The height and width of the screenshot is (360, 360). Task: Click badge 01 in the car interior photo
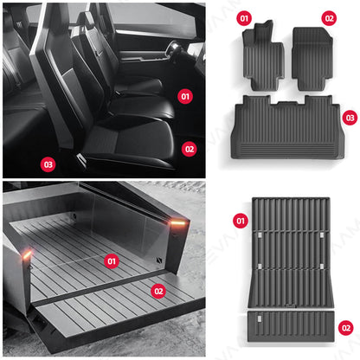(x=184, y=96)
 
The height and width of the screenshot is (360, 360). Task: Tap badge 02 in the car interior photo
(x=190, y=148)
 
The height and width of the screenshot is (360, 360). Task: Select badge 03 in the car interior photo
(x=48, y=163)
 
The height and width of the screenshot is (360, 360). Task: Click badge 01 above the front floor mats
(x=243, y=17)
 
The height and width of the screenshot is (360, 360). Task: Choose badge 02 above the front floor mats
(x=328, y=17)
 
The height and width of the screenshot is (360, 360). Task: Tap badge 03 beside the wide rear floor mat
(x=349, y=117)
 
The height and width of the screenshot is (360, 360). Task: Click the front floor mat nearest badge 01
(x=263, y=59)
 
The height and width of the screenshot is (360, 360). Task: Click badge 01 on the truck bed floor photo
(x=110, y=260)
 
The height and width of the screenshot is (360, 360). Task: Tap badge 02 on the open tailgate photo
(x=157, y=291)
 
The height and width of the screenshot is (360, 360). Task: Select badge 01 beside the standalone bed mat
(x=240, y=222)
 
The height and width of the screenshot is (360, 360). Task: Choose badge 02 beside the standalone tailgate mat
(x=346, y=327)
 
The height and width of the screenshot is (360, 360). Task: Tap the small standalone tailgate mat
(x=291, y=326)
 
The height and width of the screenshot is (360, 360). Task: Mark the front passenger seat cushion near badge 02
(x=151, y=143)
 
